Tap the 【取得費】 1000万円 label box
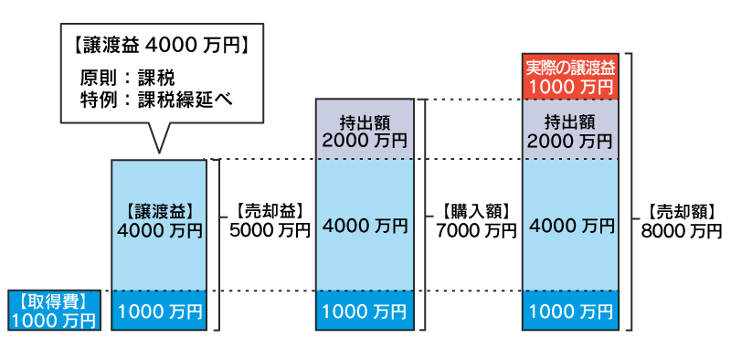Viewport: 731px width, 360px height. tap(52, 310)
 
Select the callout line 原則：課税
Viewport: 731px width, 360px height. tap(128, 77)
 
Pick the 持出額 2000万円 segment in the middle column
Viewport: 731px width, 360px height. tap(365, 128)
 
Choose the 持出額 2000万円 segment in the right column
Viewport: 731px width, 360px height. tap(571, 128)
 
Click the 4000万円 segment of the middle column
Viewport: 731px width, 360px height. tap(365, 224)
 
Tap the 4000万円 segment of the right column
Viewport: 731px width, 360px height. tap(571, 224)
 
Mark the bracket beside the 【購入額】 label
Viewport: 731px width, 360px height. tap(426, 214)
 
